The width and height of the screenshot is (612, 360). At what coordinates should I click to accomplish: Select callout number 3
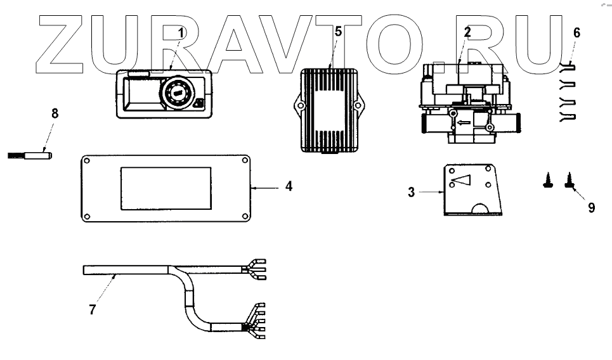coord(412,192)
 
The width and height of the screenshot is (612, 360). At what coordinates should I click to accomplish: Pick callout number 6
coord(576,32)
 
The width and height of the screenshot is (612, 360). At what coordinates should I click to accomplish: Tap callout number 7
coord(93,311)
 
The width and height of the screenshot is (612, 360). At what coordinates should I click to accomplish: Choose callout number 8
coord(55,114)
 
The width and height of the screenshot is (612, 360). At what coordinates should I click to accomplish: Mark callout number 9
coord(591,207)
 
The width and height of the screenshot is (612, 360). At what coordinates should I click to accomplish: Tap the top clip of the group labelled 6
coord(569,65)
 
